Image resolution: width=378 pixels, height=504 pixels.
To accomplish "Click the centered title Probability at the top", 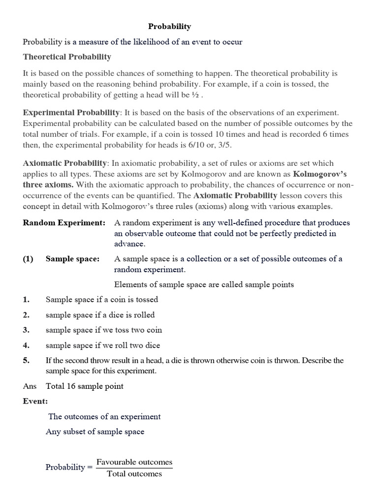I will [x=170, y=27].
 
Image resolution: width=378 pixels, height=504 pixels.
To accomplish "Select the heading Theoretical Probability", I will [x=67, y=57].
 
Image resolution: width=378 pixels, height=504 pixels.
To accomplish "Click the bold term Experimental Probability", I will [x=71, y=113].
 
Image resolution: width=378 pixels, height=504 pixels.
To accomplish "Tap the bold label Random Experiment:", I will [x=64, y=223].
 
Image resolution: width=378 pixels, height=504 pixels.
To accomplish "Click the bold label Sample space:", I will [x=72, y=259].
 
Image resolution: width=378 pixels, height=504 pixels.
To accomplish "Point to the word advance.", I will [x=129, y=244].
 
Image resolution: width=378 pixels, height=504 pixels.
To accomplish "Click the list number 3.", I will [x=26, y=330].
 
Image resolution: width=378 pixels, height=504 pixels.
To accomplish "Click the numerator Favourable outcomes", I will [x=134, y=462].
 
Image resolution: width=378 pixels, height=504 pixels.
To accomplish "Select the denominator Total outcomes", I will [x=134, y=473].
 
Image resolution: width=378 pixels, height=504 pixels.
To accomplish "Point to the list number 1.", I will [x=26, y=299].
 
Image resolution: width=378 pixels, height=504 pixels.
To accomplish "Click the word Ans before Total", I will [x=30, y=386].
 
